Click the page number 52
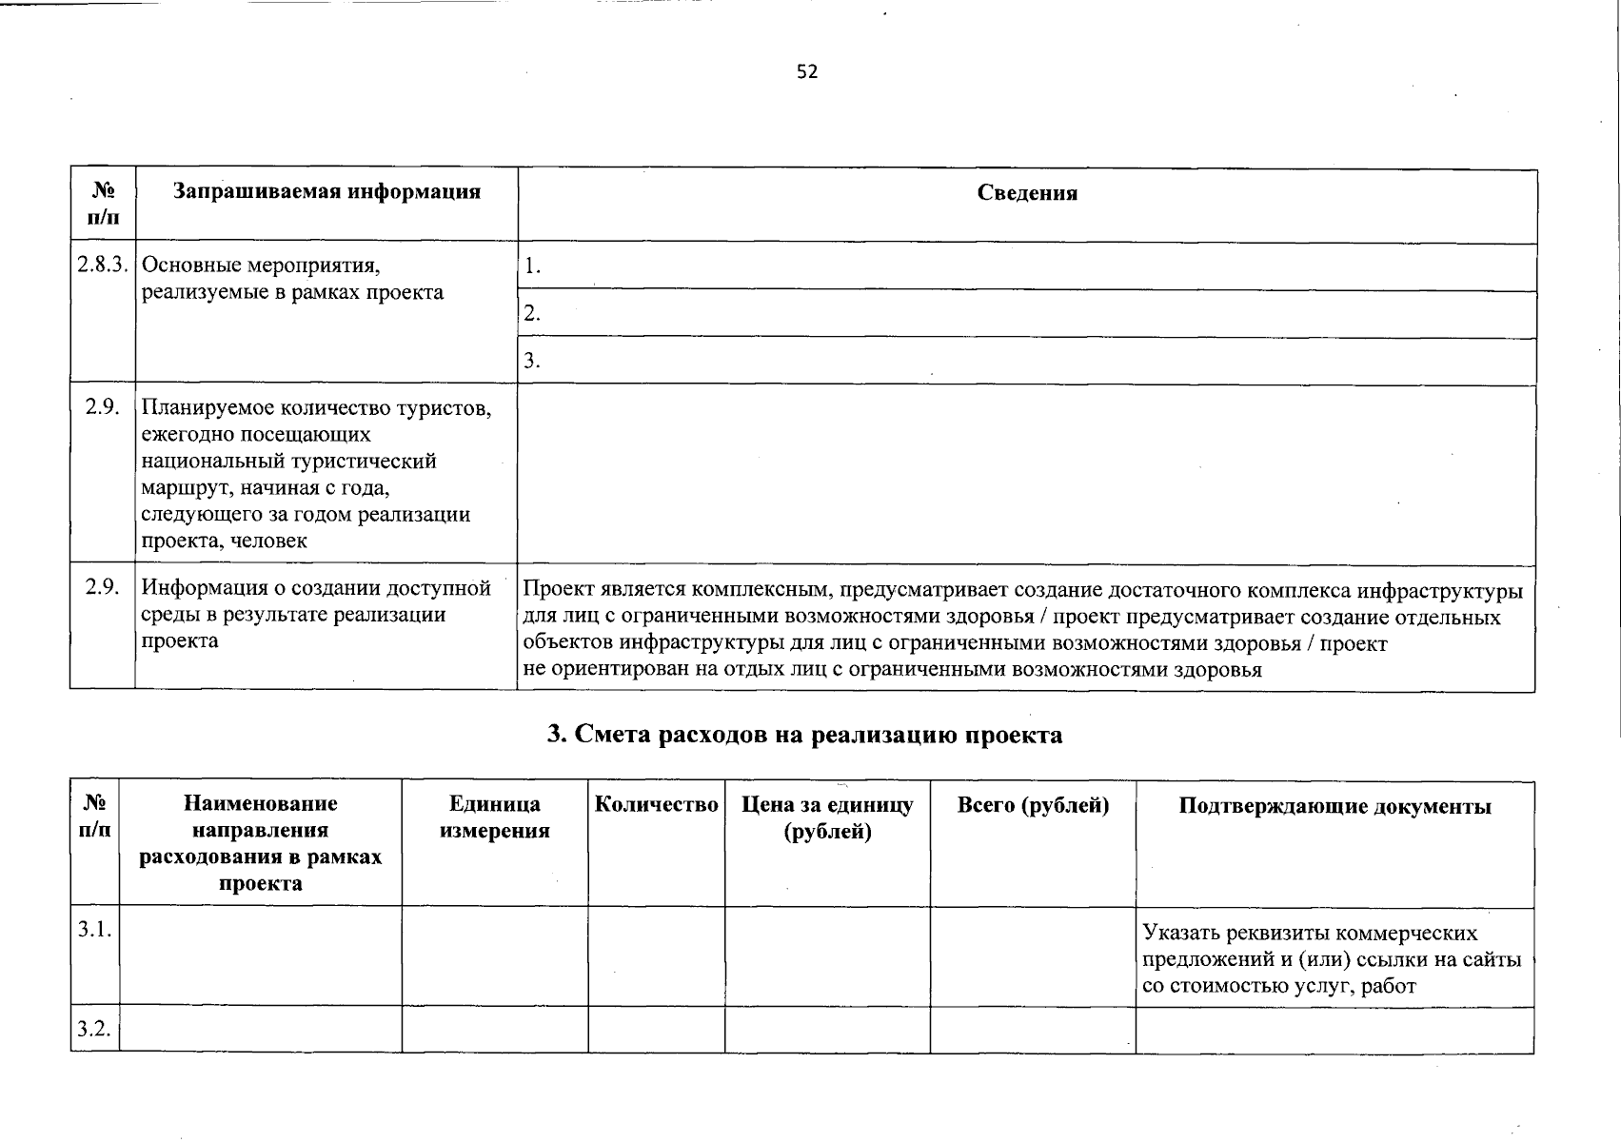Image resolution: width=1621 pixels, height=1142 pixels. click(x=807, y=72)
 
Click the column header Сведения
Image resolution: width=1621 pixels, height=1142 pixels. click(x=1027, y=193)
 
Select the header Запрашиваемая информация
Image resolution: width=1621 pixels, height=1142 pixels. click(x=326, y=191)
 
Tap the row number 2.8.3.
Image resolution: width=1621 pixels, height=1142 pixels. click(x=103, y=265)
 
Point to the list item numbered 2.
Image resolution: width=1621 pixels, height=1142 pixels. click(x=532, y=314)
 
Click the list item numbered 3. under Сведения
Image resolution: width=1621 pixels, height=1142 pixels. click(x=532, y=361)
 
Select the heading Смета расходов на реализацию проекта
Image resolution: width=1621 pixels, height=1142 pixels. click(x=805, y=735)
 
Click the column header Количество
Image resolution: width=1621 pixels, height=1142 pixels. click(x=656, y=805)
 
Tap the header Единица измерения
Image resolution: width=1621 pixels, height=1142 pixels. click(x=494, y=817)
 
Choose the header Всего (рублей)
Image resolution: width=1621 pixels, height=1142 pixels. click(x=1033, y=805)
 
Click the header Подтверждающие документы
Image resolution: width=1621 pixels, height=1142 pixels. click(x=1334, y=807)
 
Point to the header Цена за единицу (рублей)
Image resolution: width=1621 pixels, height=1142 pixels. click(x=827, y=817)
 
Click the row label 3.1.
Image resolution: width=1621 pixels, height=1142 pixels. click(x=94, y=929)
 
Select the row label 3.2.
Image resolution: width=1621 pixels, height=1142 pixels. click(x=94, y=1029)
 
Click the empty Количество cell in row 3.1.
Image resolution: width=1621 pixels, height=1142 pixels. click(x=656, y=956)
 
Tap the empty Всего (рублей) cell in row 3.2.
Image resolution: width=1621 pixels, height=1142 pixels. click(x=1033, y=1030)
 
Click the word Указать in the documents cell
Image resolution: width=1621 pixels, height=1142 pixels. click(x=1176, y=933)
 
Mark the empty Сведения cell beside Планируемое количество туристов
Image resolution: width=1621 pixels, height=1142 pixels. click(x=1026, y=473)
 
